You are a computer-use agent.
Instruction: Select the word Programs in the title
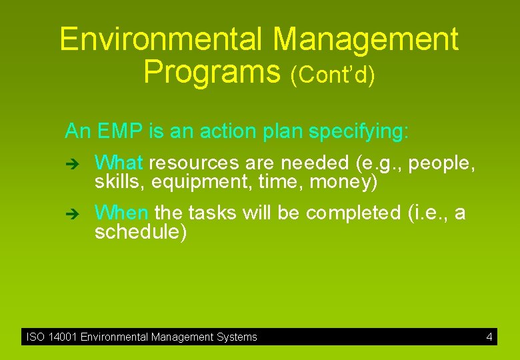(213, 71)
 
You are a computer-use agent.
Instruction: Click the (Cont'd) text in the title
(333, 75)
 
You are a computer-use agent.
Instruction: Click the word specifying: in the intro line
(359, 132)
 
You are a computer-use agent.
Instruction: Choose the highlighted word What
(119, 163)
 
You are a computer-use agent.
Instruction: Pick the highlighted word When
(121, 213)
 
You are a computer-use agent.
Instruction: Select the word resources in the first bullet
(194, 163)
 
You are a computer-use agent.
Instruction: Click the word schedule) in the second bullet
(141, 232)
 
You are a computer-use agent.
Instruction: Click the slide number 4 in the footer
(489, 337)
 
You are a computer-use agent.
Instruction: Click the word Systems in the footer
(237, 337)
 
